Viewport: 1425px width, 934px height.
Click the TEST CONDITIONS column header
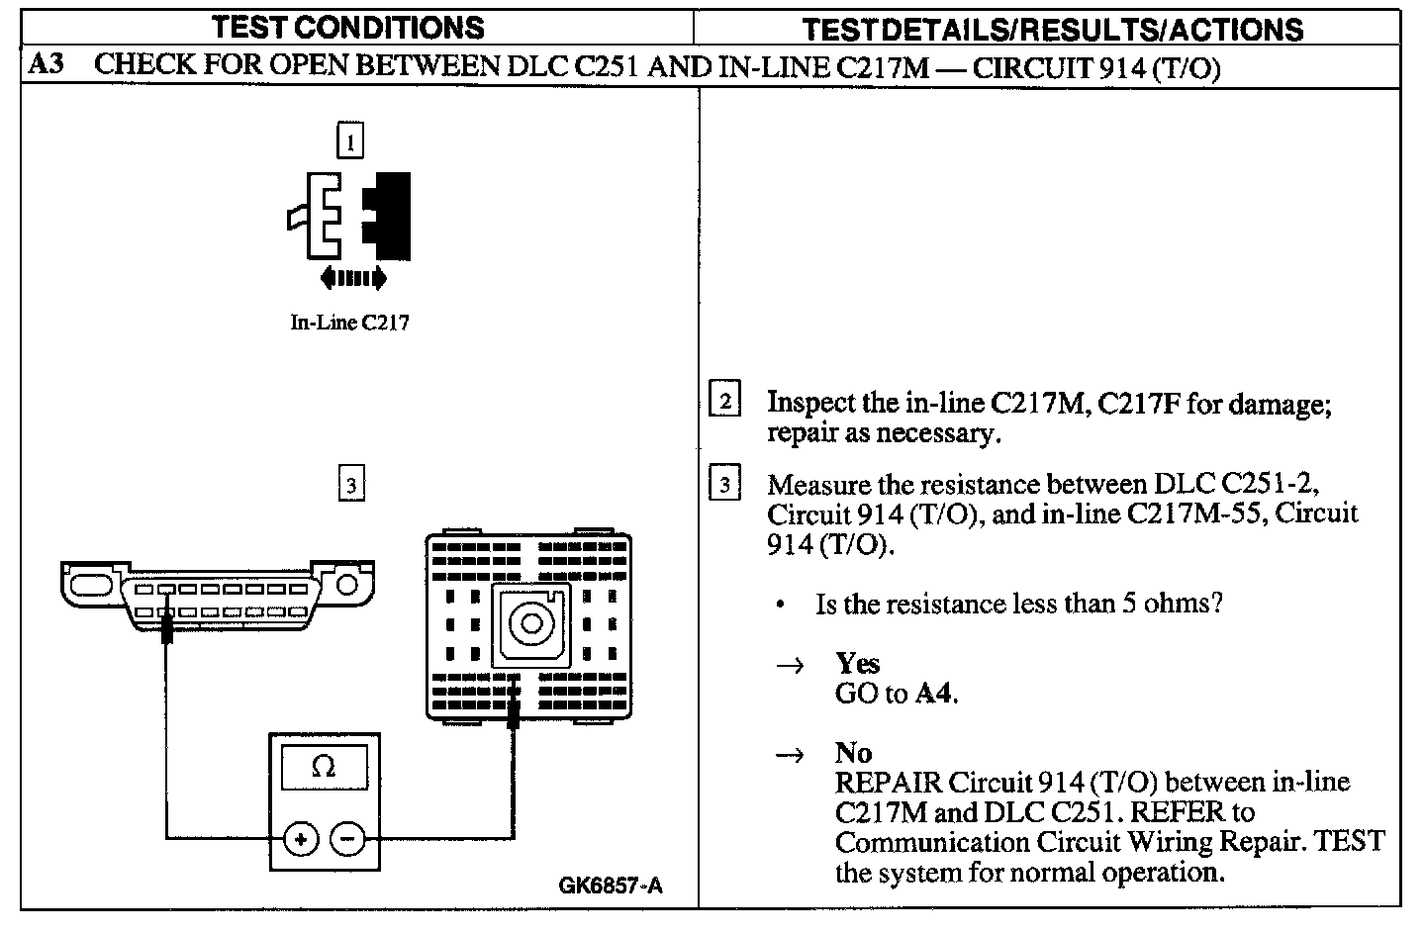(349, 27)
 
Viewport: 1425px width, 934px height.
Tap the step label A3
(46, 67)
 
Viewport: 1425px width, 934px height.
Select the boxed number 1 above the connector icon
(350, 141)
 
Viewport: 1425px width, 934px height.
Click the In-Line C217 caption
(348, 323)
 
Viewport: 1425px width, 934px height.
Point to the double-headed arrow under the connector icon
(351, 280)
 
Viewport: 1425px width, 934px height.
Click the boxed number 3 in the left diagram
(350, 485)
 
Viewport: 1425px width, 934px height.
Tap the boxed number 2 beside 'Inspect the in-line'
(725, 402)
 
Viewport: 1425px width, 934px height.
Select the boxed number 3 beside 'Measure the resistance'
(725, 485)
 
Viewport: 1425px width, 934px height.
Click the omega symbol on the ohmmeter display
(323, 767)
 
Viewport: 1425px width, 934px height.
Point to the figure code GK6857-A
(611, 886)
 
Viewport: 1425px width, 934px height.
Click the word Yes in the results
(857, 663)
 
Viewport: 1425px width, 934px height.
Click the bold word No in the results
(853, 753)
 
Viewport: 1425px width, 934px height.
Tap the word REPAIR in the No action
(888, 783)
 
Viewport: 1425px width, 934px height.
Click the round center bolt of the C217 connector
(530, 623)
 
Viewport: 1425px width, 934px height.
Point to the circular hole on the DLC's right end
(346, 584)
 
